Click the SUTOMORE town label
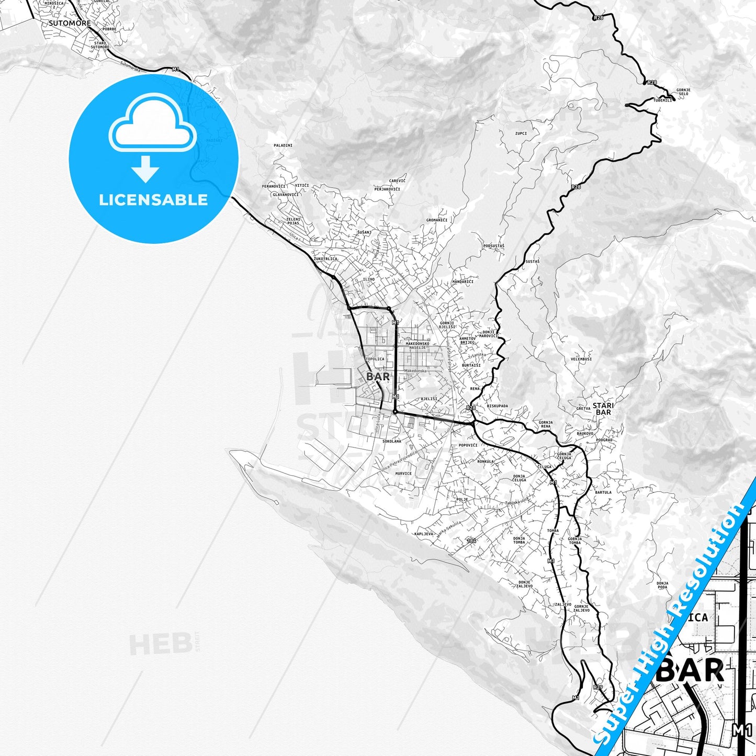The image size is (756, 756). click(70, 24)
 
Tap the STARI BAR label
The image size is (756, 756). click(603, 409)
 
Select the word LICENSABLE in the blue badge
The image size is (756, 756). click(153, 200)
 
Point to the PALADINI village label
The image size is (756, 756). click(283, 145)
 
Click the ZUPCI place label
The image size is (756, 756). click(521, 133)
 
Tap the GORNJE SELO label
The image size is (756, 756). click(683, 92)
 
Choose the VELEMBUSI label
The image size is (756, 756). click(581, 359)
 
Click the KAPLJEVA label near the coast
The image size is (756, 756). click(424, 534)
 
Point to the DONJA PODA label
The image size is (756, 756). click(662, 585)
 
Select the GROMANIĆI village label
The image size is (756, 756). click(437, 220)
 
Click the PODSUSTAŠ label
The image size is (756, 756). click(494, 246)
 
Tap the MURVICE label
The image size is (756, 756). click(403, 473)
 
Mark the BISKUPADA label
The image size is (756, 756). click(497, 406)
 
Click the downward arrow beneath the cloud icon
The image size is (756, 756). click(145, 170)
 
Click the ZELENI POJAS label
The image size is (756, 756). click(294, 221)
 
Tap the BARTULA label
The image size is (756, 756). click(603, 492)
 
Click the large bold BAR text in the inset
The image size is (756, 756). click(690, 670)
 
